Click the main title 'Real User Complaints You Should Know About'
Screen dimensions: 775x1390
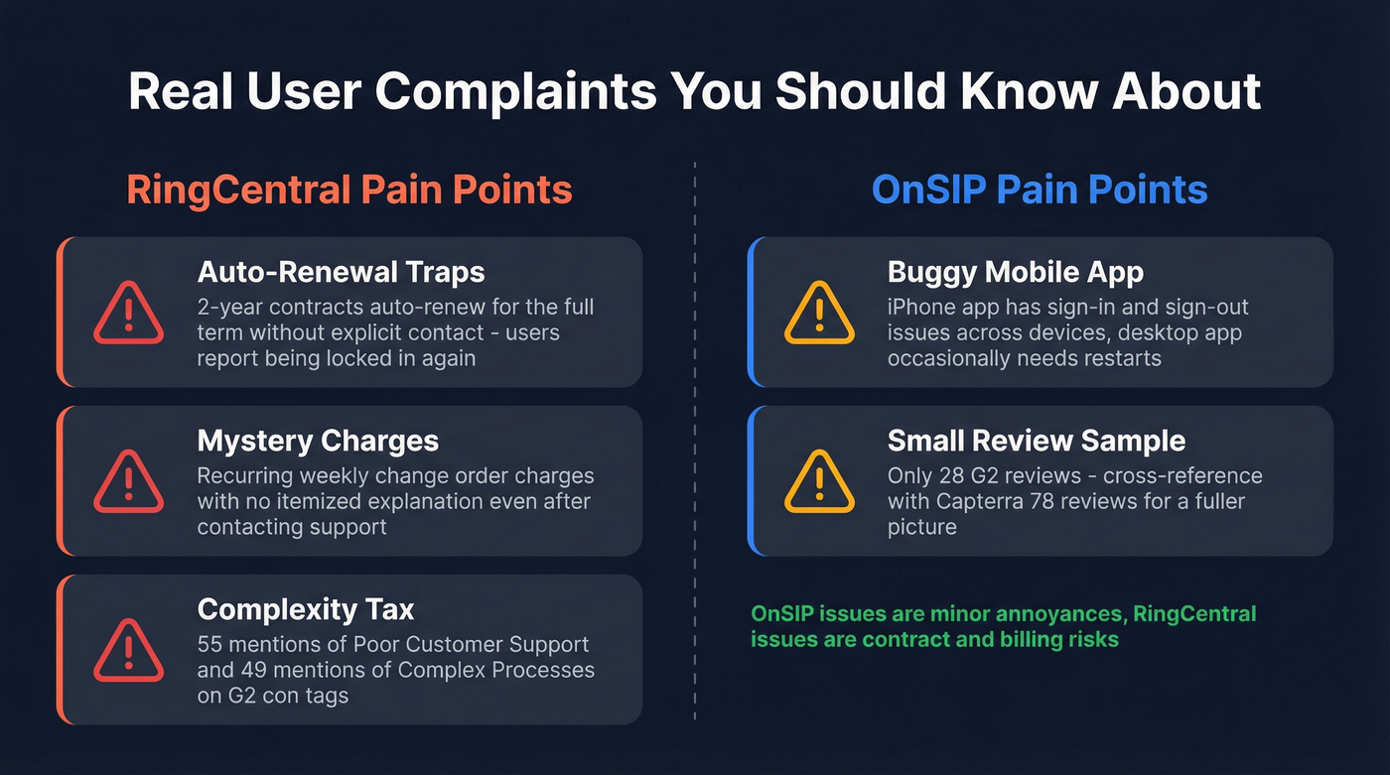coord(694,90)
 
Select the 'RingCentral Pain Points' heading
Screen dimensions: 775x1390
coord(348,189)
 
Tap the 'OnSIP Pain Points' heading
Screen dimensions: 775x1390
coord(1040,189)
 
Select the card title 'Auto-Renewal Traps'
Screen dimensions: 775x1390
coord(341,272)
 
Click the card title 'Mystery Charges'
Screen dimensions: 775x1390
coord(318,441)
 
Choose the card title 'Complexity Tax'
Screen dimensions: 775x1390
coord(306,609)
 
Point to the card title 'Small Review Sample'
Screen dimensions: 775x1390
coord(1037,441)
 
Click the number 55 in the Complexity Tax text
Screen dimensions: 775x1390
coord(211,645)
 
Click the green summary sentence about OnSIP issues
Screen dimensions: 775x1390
coord(1003,626)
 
